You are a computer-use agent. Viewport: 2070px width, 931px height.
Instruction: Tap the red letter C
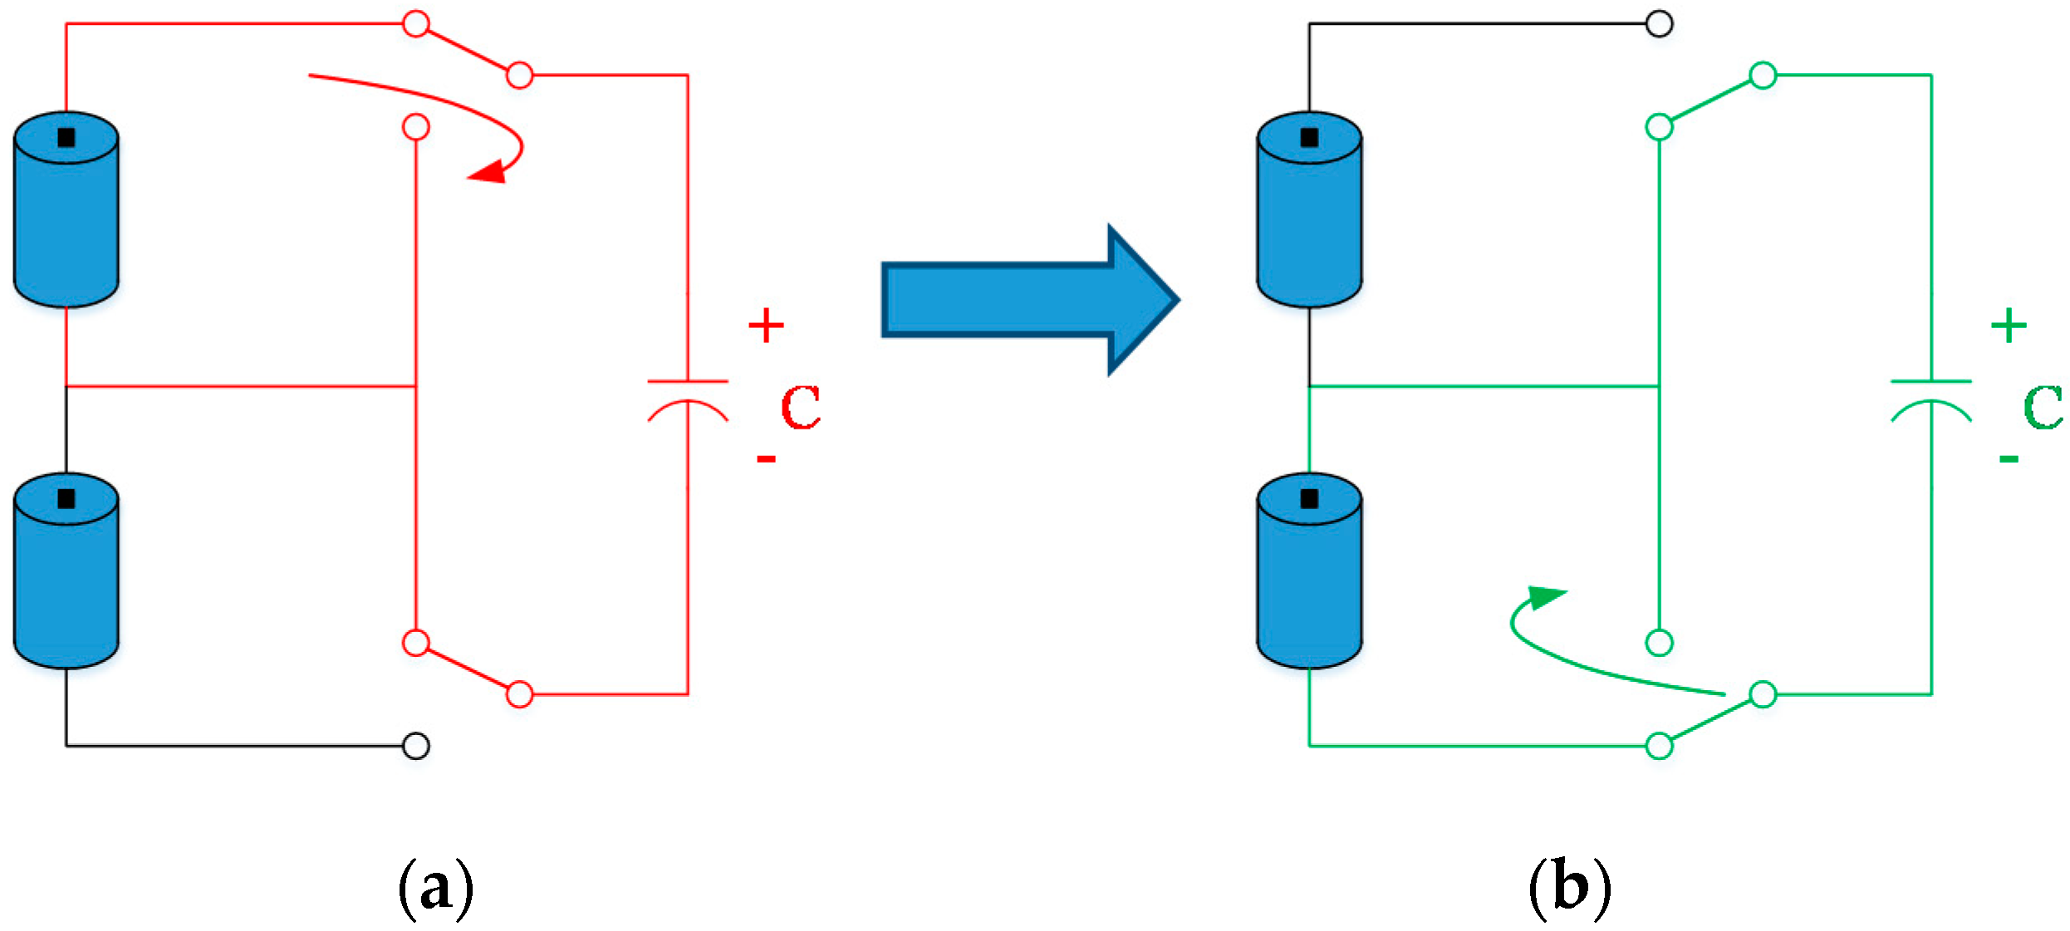coord(801,407)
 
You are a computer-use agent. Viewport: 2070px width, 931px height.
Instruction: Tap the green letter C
coord(2043,407)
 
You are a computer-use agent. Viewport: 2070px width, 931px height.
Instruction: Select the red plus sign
coord(766,325)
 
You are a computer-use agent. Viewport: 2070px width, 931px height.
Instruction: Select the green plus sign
coord(2009,325)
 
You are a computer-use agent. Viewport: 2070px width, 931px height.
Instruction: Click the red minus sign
coord(766,458)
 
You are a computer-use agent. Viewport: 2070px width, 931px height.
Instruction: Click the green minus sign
coord(2009,458)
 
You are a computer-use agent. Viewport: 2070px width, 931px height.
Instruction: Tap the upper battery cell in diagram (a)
coord(66,212)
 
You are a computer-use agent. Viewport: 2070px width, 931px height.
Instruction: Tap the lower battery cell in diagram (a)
coord(66,573)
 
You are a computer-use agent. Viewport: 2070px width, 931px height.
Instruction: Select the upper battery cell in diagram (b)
coord(1309,212)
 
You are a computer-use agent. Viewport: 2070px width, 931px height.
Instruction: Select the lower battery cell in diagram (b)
coord(1309,573)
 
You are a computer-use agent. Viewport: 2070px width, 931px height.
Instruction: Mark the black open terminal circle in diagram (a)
coord(415,746)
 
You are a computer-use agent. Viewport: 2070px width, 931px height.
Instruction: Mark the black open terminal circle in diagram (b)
coord(1659,24)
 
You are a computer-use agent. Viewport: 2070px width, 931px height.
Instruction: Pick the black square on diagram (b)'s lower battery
coord(1309,498)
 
